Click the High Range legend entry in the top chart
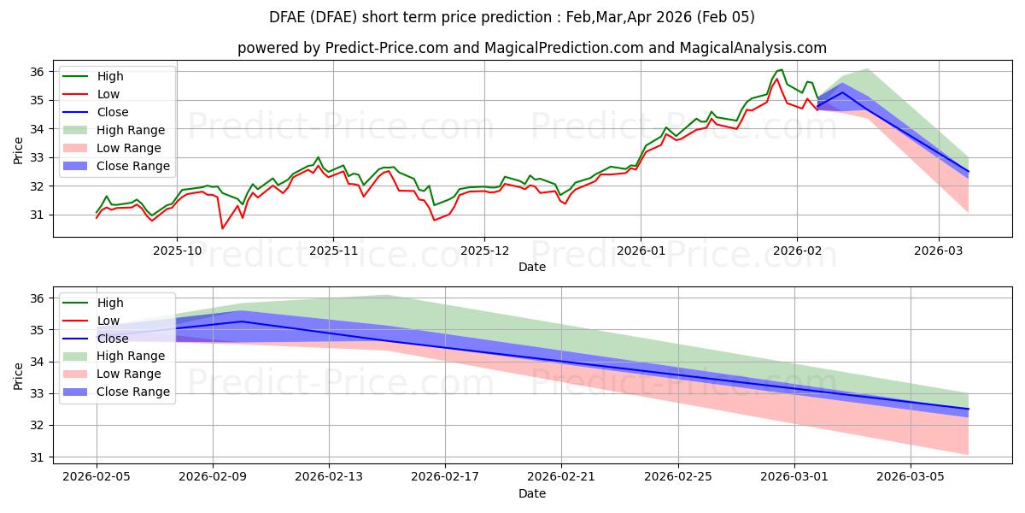(x=131, y=130)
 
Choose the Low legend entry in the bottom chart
(x=108, y=321)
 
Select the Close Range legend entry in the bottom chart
(x=133, y=392)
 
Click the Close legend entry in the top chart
(x=113, y=112)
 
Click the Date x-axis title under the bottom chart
(x=532, y=493)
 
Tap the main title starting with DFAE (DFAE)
(x=512, y=17)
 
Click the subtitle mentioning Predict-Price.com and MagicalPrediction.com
(x=532, y=48)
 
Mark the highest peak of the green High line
(x=782, y=69)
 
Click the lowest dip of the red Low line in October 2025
(x=222, y=228)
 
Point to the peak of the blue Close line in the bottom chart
(x=243, y=321)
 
